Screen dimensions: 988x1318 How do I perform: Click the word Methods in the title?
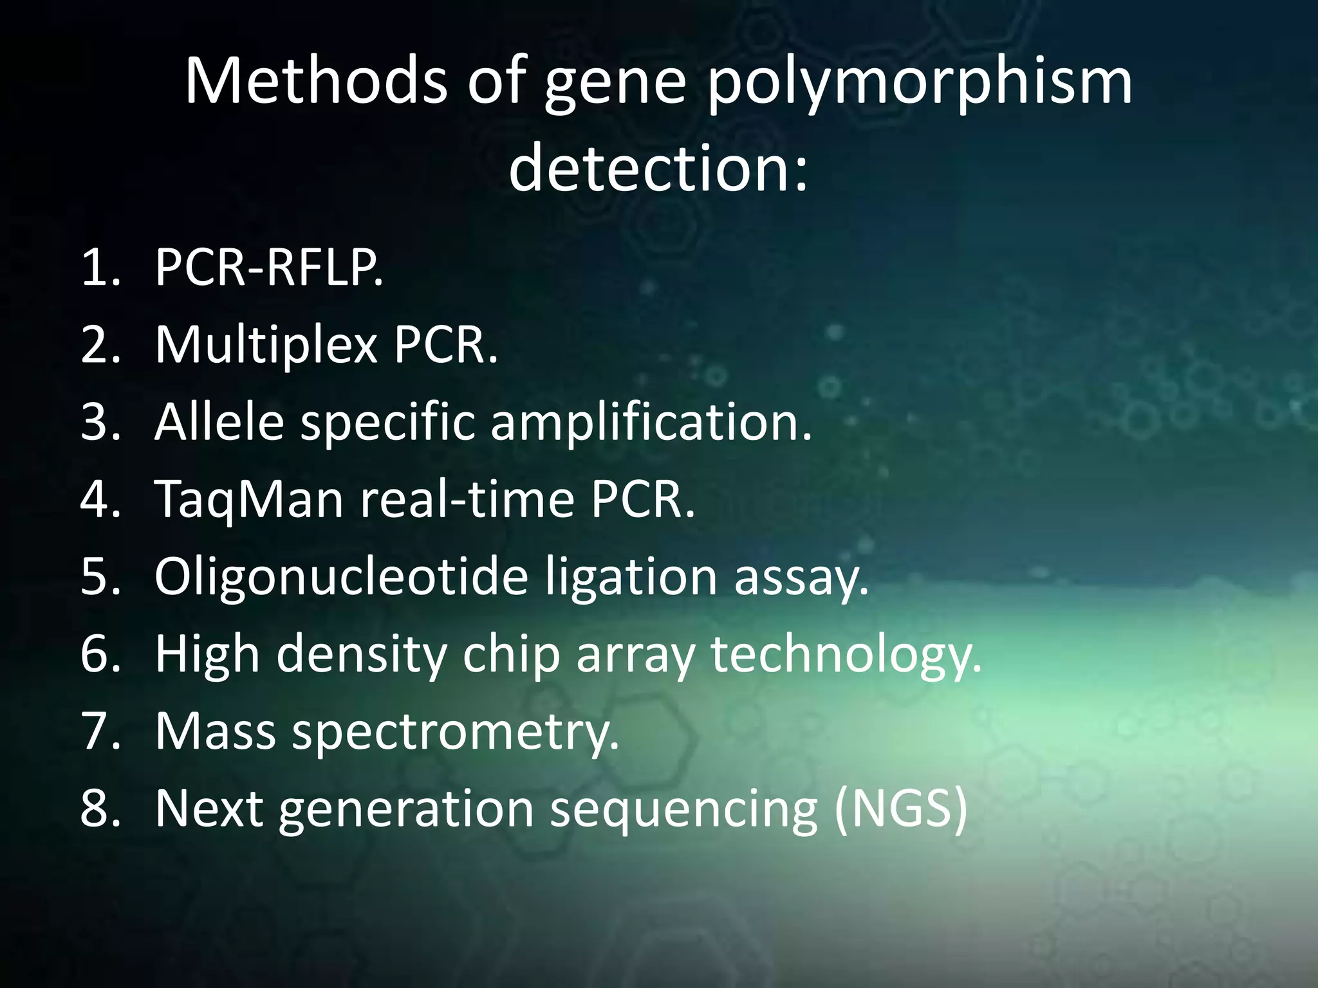[315, 81]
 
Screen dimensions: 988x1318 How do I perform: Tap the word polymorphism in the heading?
[920, 81]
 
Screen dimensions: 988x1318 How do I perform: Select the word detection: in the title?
[658, 169]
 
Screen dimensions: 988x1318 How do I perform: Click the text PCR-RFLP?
[269, 267]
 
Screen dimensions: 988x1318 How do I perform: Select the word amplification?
[651, 423]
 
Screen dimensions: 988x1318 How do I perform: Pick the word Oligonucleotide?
[341, 576]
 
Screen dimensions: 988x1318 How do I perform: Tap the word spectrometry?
[455, 732]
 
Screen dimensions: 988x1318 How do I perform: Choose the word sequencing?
[683, 809]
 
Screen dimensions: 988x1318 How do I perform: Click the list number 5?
[100, 576]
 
